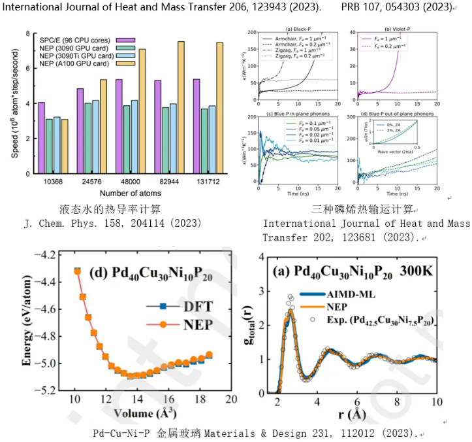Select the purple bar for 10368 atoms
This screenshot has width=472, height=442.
point(42,138)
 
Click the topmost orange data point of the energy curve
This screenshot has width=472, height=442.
point(77,271)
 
